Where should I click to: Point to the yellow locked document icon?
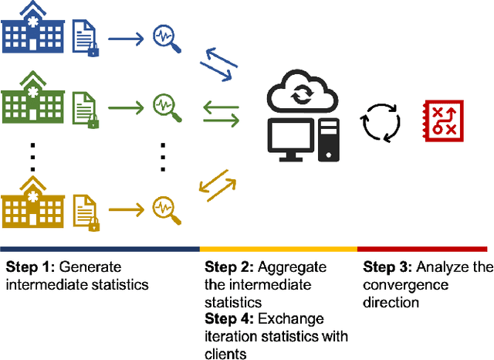[86, 210]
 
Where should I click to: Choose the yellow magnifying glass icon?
[167, 210]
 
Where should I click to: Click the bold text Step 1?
[29, 267]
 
